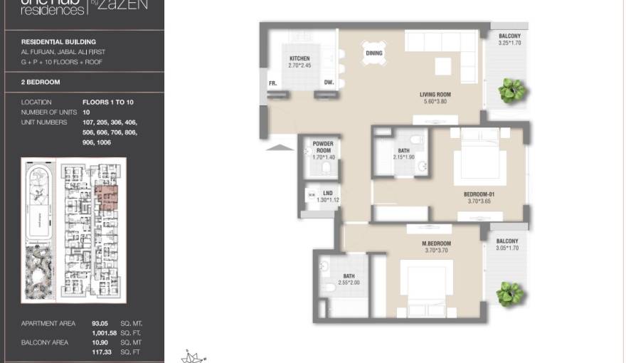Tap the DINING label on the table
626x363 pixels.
click(374, 53)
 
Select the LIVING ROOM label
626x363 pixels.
click(435, 95)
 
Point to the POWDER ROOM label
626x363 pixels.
click(322, 147)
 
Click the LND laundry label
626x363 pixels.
click(328, 193)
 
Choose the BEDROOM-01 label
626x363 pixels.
click(479, 194)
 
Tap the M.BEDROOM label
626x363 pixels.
click(437, 243)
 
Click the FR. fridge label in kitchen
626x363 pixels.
click(272, 83)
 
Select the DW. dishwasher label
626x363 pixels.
click(329, 83)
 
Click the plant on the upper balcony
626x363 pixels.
click(511, 90)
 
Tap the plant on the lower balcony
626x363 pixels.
click(510, 292)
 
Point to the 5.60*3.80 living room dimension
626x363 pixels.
click(435, 102)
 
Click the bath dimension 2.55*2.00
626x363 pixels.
click(349, 283)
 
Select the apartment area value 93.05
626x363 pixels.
click(100, 323)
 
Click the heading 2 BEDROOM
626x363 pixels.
click(41, 83)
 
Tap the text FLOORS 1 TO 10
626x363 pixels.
click(108, 102)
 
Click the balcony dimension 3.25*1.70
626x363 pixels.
click(509, 43)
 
